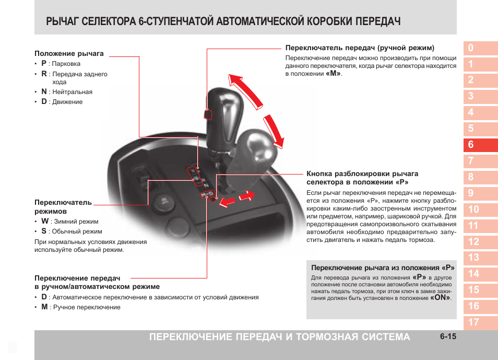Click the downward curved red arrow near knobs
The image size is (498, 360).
click(275, 130)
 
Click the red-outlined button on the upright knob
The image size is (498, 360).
click(207, 114)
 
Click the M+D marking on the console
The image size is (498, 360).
click(207, 194)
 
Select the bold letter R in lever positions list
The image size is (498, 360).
click(44, 74)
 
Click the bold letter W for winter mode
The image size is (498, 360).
click(44, 222)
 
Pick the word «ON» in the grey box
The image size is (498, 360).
click(440, 298)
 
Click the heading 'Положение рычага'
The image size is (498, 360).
click(69, 53)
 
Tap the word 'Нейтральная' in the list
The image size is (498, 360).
click(72, 92)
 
